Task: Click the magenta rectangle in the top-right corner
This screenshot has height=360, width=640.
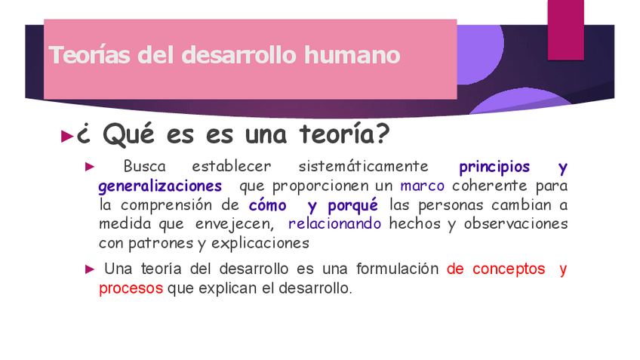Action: pyautogui.click(x=565, y=29)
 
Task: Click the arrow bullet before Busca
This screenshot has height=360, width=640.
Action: pyautogui.click(x=89, y=166)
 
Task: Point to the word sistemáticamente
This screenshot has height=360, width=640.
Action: pyautogui.click(x=363, y=167)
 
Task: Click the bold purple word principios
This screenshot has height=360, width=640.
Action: pyautogui.click(x=494, y=167)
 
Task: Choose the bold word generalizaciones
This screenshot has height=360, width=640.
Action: pyautogui.click(x=160, y=186)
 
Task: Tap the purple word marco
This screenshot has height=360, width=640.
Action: pyautogui.click(x=422, y=186)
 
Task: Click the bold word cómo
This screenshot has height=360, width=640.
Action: pyautogui.click(x=267, y=205)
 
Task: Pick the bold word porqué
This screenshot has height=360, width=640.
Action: pyautogui.click(x=352, y=205)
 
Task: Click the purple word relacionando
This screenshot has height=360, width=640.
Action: pyautogui.click(x=334, y=224)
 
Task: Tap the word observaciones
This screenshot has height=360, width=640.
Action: pyautogui.click(x=515, y=224)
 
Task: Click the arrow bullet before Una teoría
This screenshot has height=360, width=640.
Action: pyautogui.click(x=89, y=269)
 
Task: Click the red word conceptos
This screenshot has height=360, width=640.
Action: pyautogui.click(x=508, y=269)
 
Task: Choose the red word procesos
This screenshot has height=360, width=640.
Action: pyautogui.click(x=131, y=288)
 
